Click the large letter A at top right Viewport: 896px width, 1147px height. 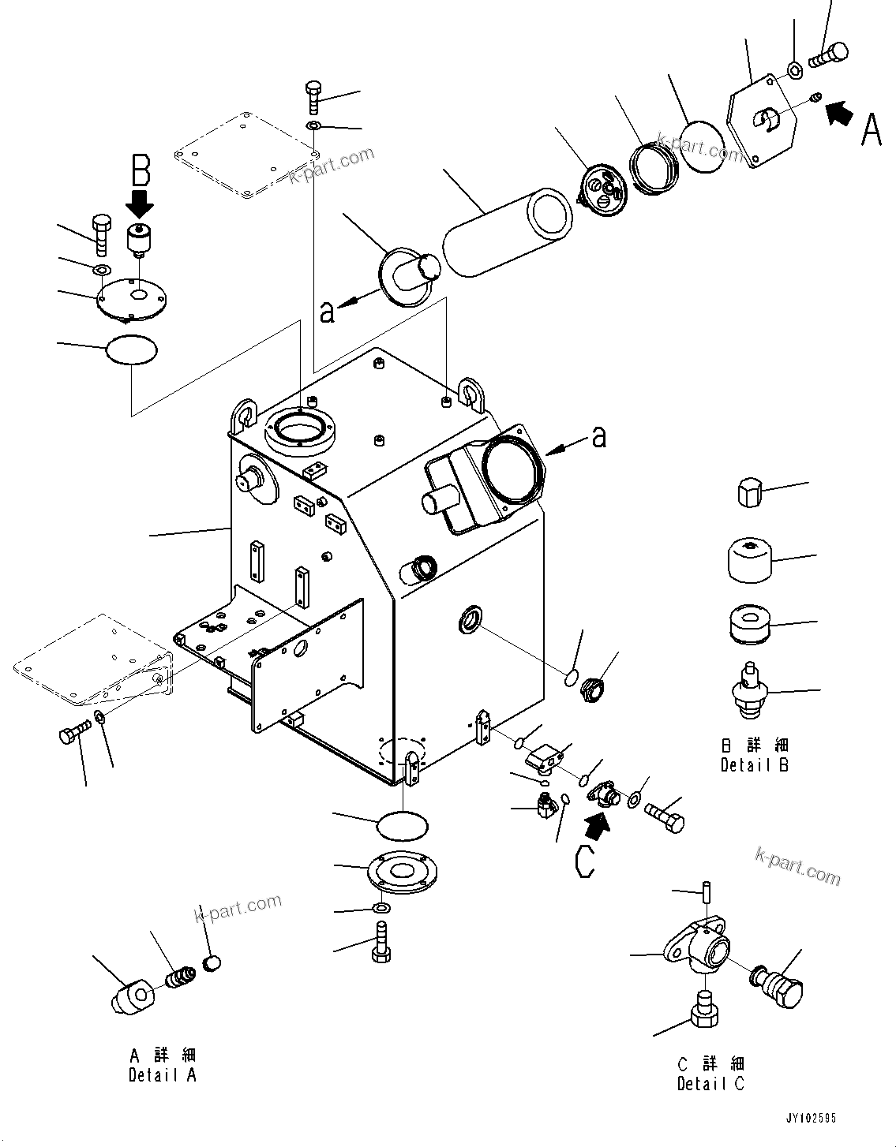point(870,129)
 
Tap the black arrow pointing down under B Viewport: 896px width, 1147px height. point(141,203)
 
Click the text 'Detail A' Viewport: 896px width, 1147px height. point(162,1074)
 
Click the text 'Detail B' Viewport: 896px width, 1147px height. point(754,764)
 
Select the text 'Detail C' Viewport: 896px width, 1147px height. point(710,1084)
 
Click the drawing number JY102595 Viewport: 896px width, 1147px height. point(810,1119)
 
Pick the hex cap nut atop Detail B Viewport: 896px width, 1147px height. point(750,494)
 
